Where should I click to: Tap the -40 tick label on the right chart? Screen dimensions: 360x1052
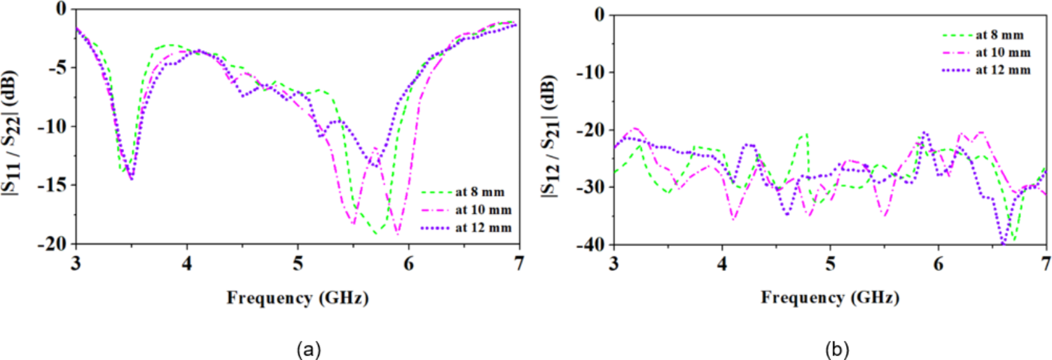(x=591, y=245)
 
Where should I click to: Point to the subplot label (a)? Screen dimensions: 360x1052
(x=309, y=349)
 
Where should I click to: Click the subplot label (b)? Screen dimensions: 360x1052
(x=836, y=349)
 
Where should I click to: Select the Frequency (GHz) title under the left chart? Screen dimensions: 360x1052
(x=297, y=298)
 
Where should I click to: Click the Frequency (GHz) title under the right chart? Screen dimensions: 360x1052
(x=829, y=298)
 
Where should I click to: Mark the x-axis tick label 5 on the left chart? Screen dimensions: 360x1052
(x=298, y=264)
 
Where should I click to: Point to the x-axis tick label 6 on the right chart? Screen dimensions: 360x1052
(x=938, y=264)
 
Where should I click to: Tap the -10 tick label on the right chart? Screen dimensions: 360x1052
(x=591, y=72)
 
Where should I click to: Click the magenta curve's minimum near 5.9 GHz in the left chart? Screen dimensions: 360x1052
(x=398, y=235)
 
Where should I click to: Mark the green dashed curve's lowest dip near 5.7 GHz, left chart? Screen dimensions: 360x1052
(x=376, y=233)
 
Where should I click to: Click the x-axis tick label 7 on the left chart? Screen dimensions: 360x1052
(x=519, y=264)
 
